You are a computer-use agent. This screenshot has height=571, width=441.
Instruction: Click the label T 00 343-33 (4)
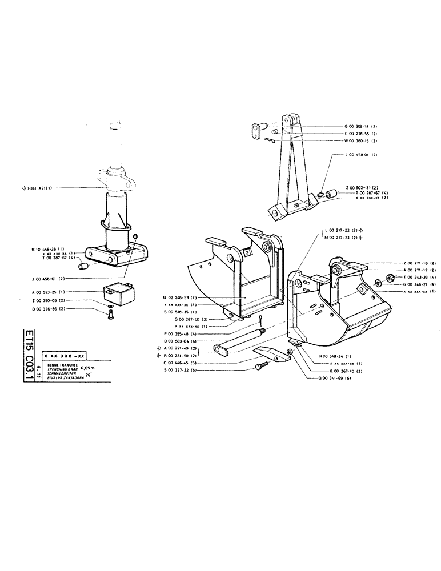click(404, 277)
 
